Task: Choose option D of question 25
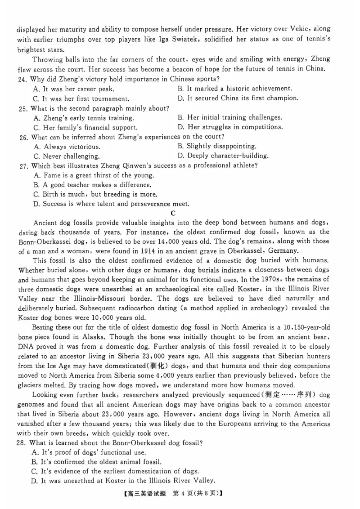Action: tap(230, 127)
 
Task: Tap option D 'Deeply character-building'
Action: tap(223, 156)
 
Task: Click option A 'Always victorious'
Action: tap(67, 147)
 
